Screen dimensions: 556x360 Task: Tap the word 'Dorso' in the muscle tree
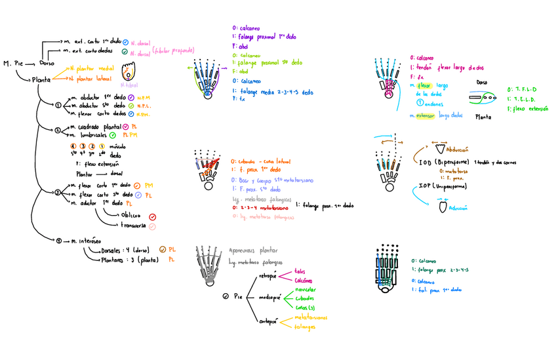pyautogui.click(x=47, y=64)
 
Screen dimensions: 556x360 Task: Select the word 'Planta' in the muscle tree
pyautogui.click(x=42, y=79)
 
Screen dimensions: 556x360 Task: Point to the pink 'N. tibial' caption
pyautogui.click(x=129, y=85)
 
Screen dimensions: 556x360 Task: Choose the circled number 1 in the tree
pyautogui.click(x=58, y=105)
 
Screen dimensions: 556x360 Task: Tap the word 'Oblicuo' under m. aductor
pyautogui.click(x=130, y=215)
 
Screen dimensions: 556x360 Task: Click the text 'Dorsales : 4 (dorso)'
pyautogui.click(x=121, y=250)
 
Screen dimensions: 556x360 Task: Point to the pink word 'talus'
pyautogui.click(x=300, y=270)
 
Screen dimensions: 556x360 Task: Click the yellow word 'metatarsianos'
pyautogui.click(x=311, y=317)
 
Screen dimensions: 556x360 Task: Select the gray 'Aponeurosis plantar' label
pyautogui.click(x=253, y=250)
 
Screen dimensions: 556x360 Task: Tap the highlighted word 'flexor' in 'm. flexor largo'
pyautogui.click(x=426, y=85)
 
